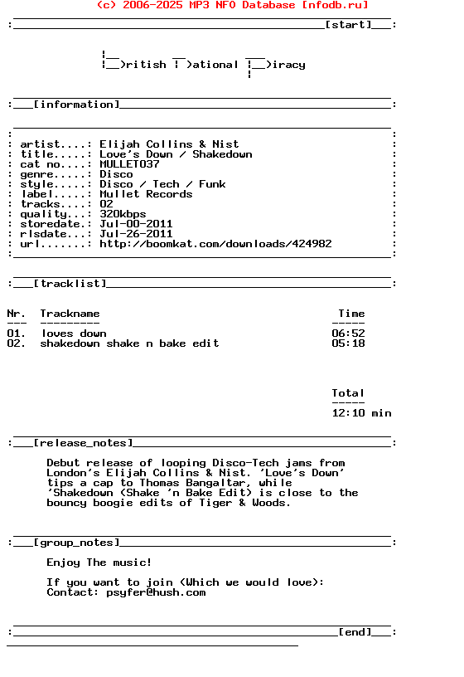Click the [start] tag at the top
(x=348, y=25)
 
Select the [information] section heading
(x=76, y=105)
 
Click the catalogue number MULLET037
(x=129, y=164)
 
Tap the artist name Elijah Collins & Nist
(x=169, y=144)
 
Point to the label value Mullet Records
(x=146, y=194)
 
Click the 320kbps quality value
(x=123, y=214)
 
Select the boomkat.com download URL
(x=215, y=244)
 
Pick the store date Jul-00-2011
(x=136, y=224)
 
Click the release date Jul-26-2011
(x=136, y=234)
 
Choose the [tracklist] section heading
(x=70, y=284)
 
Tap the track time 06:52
(x=348, y=334)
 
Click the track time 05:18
(x=348, y=343)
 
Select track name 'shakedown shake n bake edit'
(x=129, y=343)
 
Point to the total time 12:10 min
(x=361, y=413)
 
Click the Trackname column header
(x=70, y=314)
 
